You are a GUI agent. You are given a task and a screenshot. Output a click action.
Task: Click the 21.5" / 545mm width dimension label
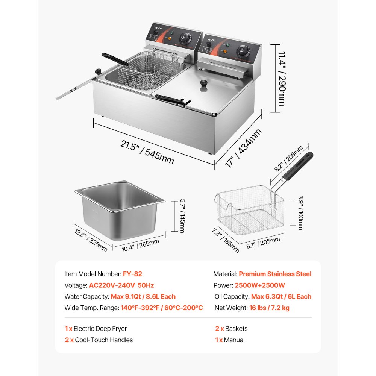click(147, 152)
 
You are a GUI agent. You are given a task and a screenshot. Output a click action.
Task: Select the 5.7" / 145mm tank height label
click(182, 216)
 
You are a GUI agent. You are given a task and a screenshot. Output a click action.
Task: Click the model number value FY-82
click(132, 274)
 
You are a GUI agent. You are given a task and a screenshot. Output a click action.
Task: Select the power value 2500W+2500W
click(260, 285)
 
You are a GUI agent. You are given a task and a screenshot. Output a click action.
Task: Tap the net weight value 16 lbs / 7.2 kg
click(269, 308)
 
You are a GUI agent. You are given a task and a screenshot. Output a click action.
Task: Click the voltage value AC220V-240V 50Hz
click(121, 285)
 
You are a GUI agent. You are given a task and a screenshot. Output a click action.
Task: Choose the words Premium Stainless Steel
click(275, 274)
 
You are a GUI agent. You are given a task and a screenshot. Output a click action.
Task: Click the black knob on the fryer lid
click(204, 84)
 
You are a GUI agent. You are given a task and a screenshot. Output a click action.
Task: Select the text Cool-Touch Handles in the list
click(104, 340)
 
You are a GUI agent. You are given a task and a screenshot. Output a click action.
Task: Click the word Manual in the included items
click(234, 340)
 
